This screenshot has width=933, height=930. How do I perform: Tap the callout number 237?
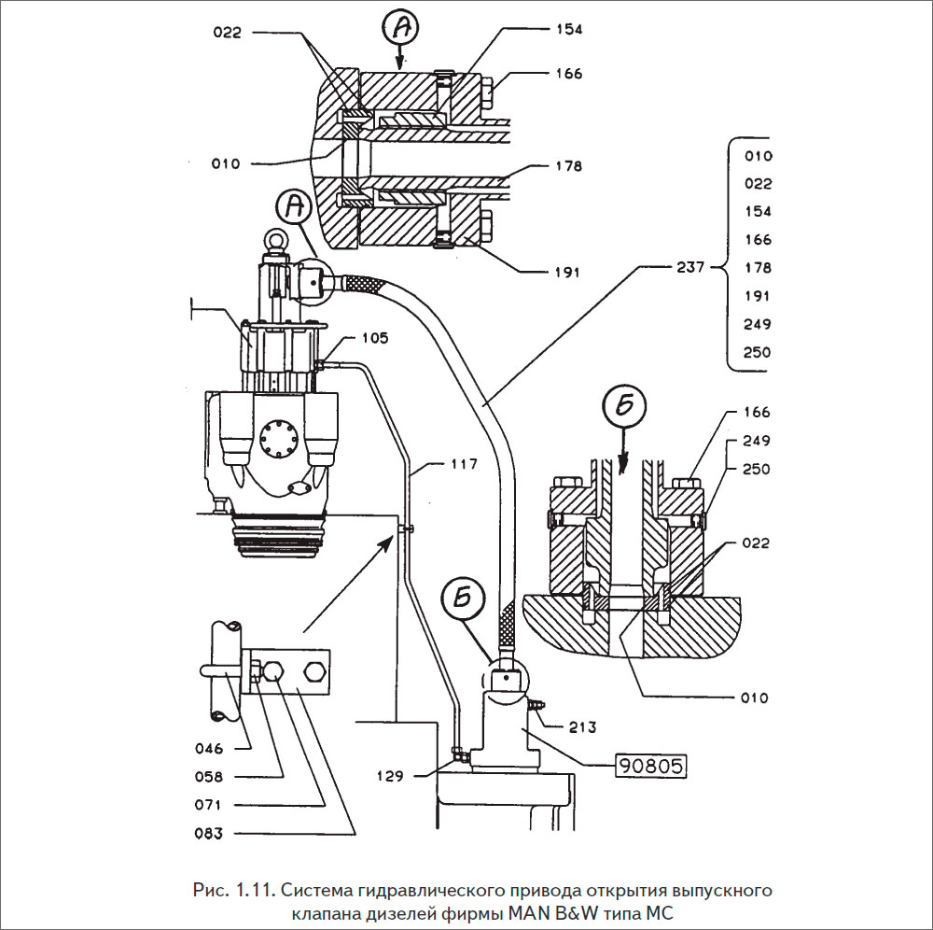690,267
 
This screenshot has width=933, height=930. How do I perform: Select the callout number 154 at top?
569,29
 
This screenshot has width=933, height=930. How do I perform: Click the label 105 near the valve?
375,338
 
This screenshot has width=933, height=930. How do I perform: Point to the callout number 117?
464,464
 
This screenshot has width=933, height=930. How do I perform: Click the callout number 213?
582,727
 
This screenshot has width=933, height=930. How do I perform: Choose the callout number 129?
390,776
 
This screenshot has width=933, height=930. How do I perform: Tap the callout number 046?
209,749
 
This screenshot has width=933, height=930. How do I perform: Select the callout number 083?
209,834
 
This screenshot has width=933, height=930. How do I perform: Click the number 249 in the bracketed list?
758,324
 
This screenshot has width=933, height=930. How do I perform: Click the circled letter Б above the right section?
623,408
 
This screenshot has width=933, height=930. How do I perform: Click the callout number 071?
209,805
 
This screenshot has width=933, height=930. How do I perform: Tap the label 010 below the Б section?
755,697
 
